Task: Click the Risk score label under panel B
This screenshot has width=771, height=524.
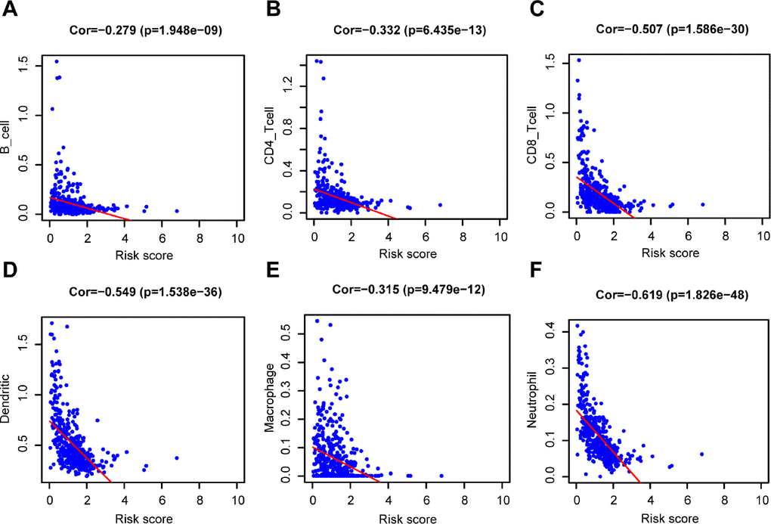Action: (407, 255)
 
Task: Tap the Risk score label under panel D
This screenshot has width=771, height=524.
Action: (143, 519)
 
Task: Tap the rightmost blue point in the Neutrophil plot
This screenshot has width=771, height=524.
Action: (702, 454)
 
